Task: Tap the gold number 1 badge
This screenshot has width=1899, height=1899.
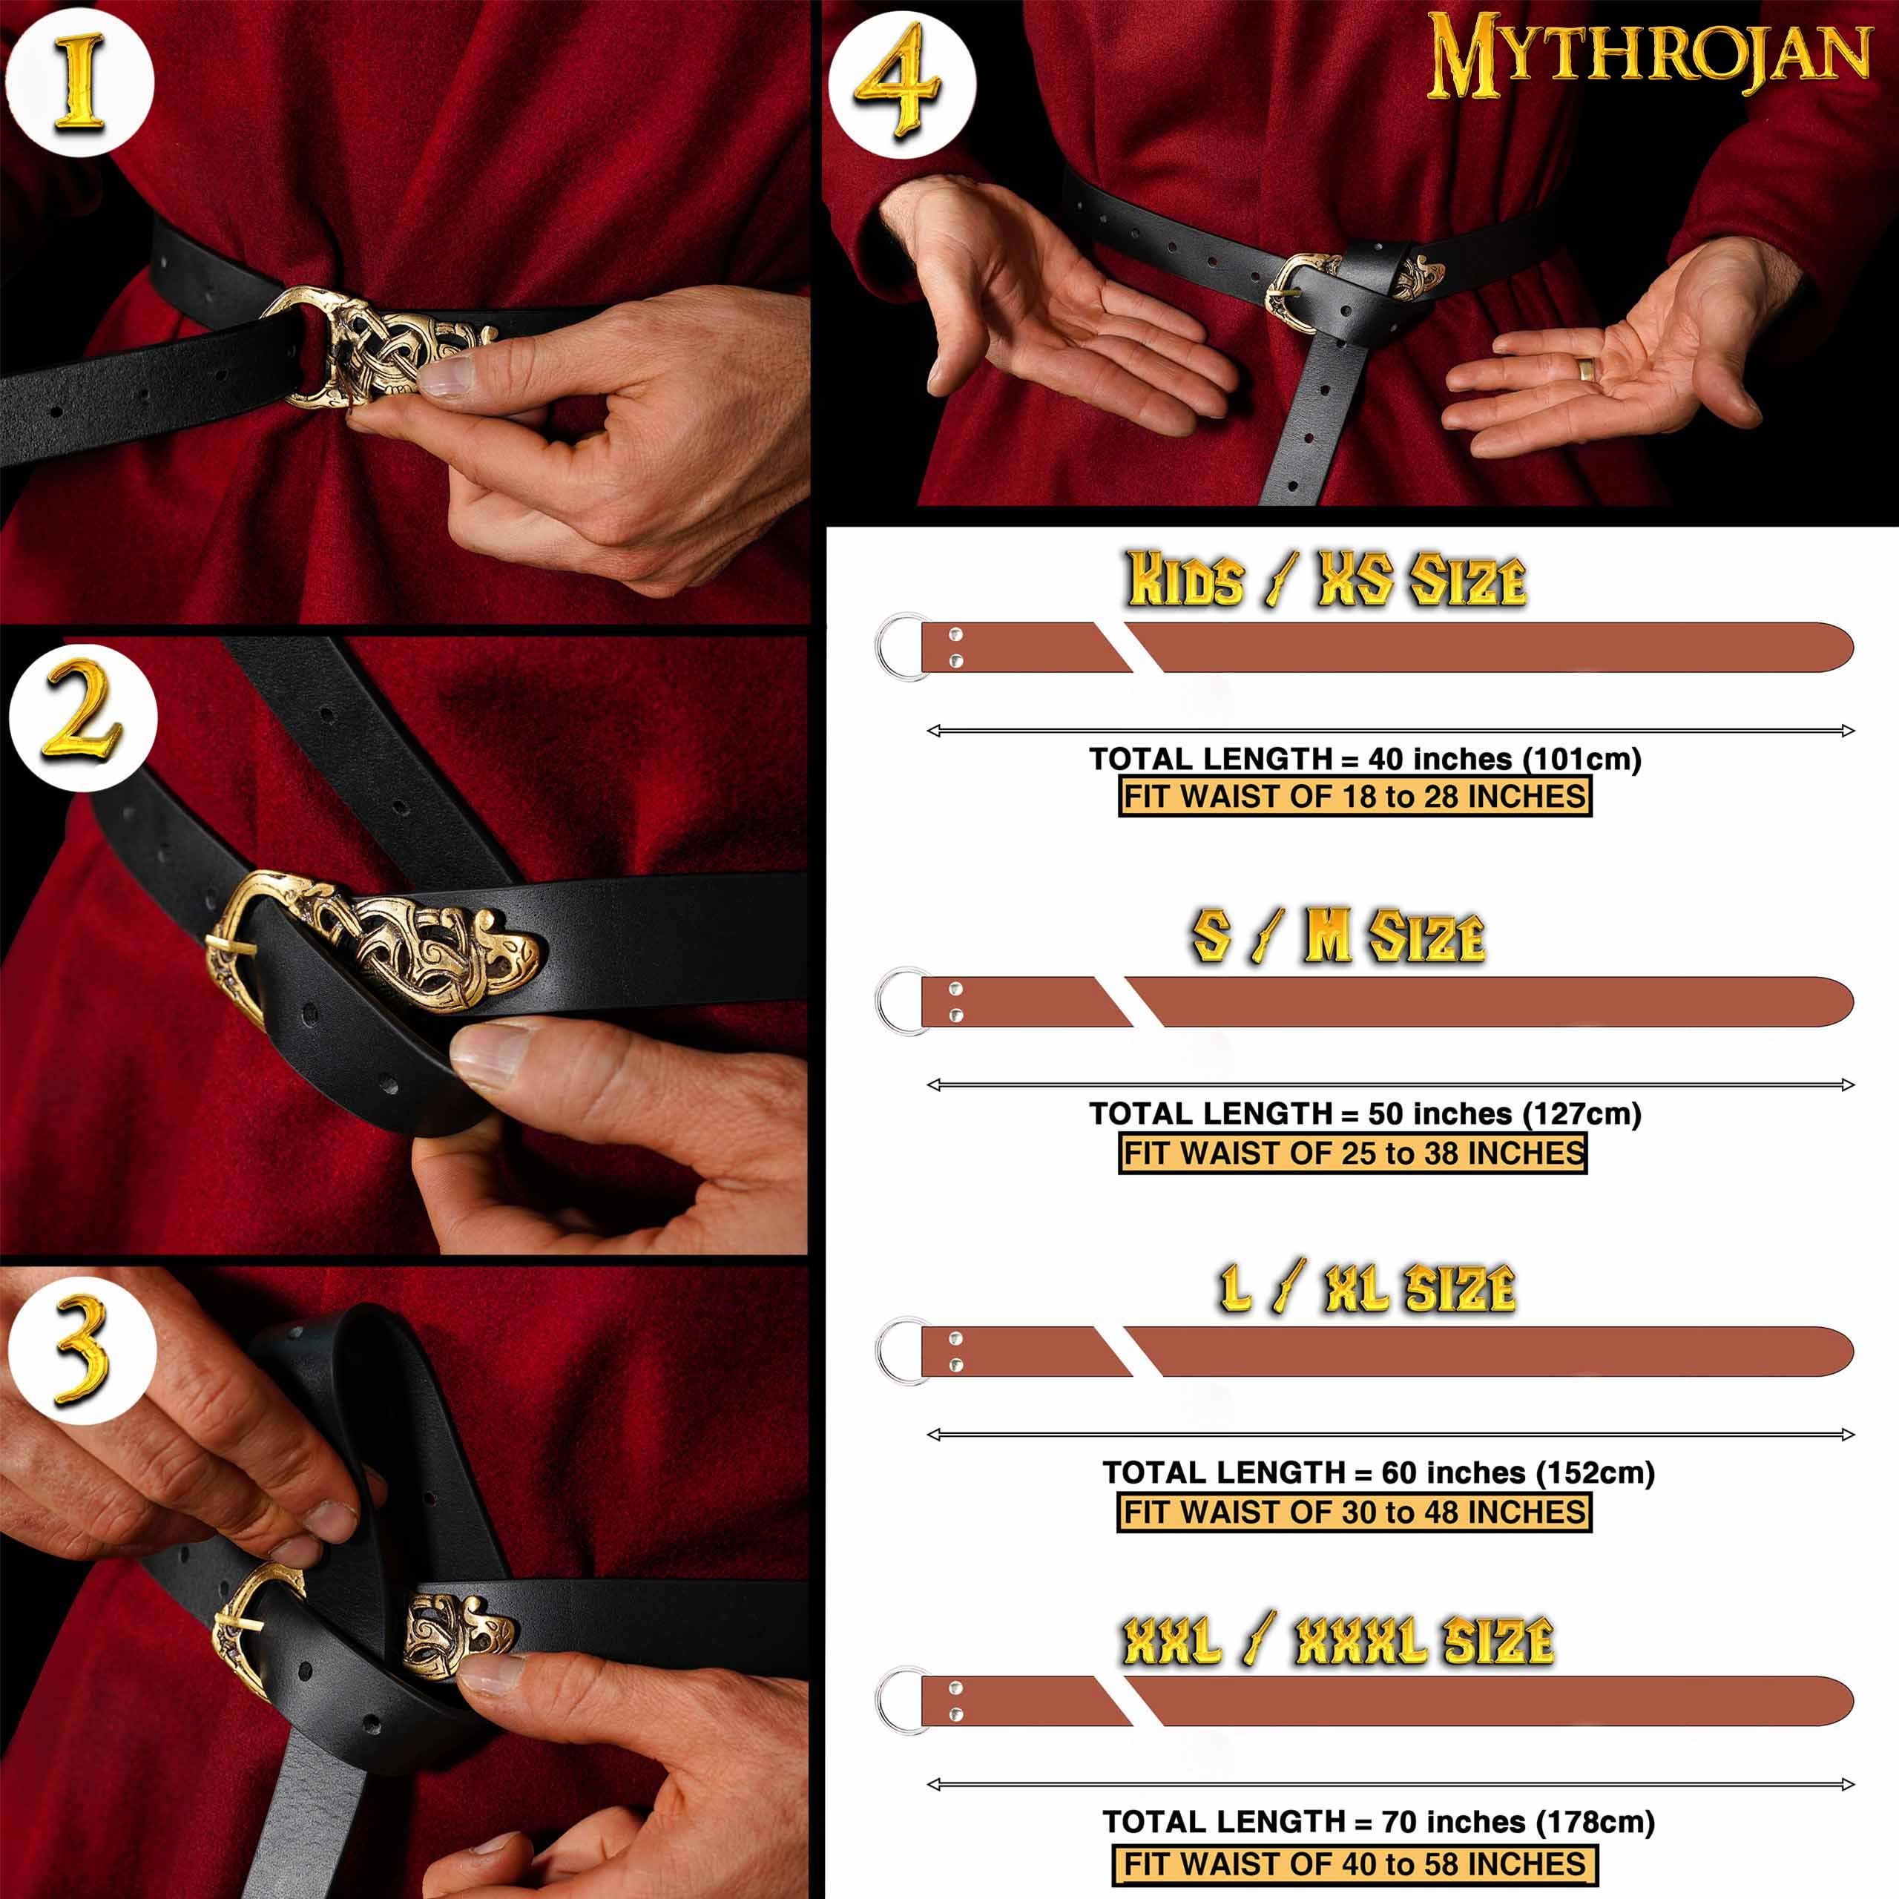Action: [79, 82]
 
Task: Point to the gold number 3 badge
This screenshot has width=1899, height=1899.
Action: [82, 1349]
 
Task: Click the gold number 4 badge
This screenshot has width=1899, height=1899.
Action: [901, 85]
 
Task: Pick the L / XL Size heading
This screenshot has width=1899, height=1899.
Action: [1367, 1289]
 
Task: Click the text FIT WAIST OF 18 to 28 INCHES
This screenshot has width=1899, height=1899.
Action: [1355, 796]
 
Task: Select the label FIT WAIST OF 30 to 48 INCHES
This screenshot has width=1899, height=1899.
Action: [1355, 1512]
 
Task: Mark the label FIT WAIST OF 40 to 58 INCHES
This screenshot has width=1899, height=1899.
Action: [1355, 1865]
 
